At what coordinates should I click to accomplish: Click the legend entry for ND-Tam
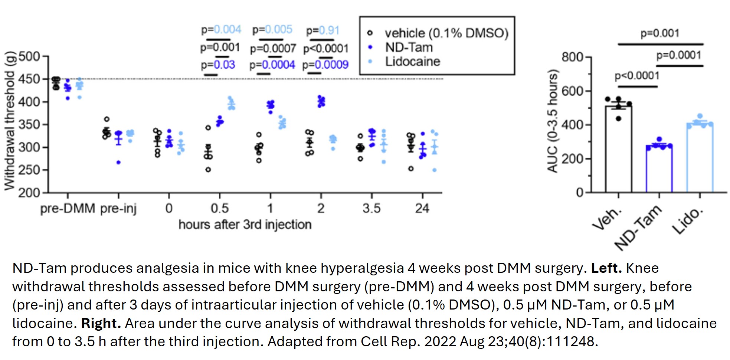(409, 48)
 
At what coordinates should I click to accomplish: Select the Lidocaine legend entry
(412, 62)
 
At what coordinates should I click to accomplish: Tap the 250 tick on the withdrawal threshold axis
(29, 170)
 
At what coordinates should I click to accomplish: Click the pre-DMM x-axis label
(68, 209)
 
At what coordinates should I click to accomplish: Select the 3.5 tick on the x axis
(371, 209)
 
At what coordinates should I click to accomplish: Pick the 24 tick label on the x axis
(422, 209)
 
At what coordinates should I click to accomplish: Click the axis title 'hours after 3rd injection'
(245, 225)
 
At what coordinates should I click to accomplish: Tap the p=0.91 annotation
(323, 30)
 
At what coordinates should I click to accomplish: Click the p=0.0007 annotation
(273, 49)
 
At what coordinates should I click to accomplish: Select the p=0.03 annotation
(218, 65)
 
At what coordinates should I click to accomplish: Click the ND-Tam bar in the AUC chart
(659, 169)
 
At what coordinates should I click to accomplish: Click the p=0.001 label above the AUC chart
(660, 33)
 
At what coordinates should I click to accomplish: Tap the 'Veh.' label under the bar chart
(607, 219)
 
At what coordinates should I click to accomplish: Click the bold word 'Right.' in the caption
(101, 323)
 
